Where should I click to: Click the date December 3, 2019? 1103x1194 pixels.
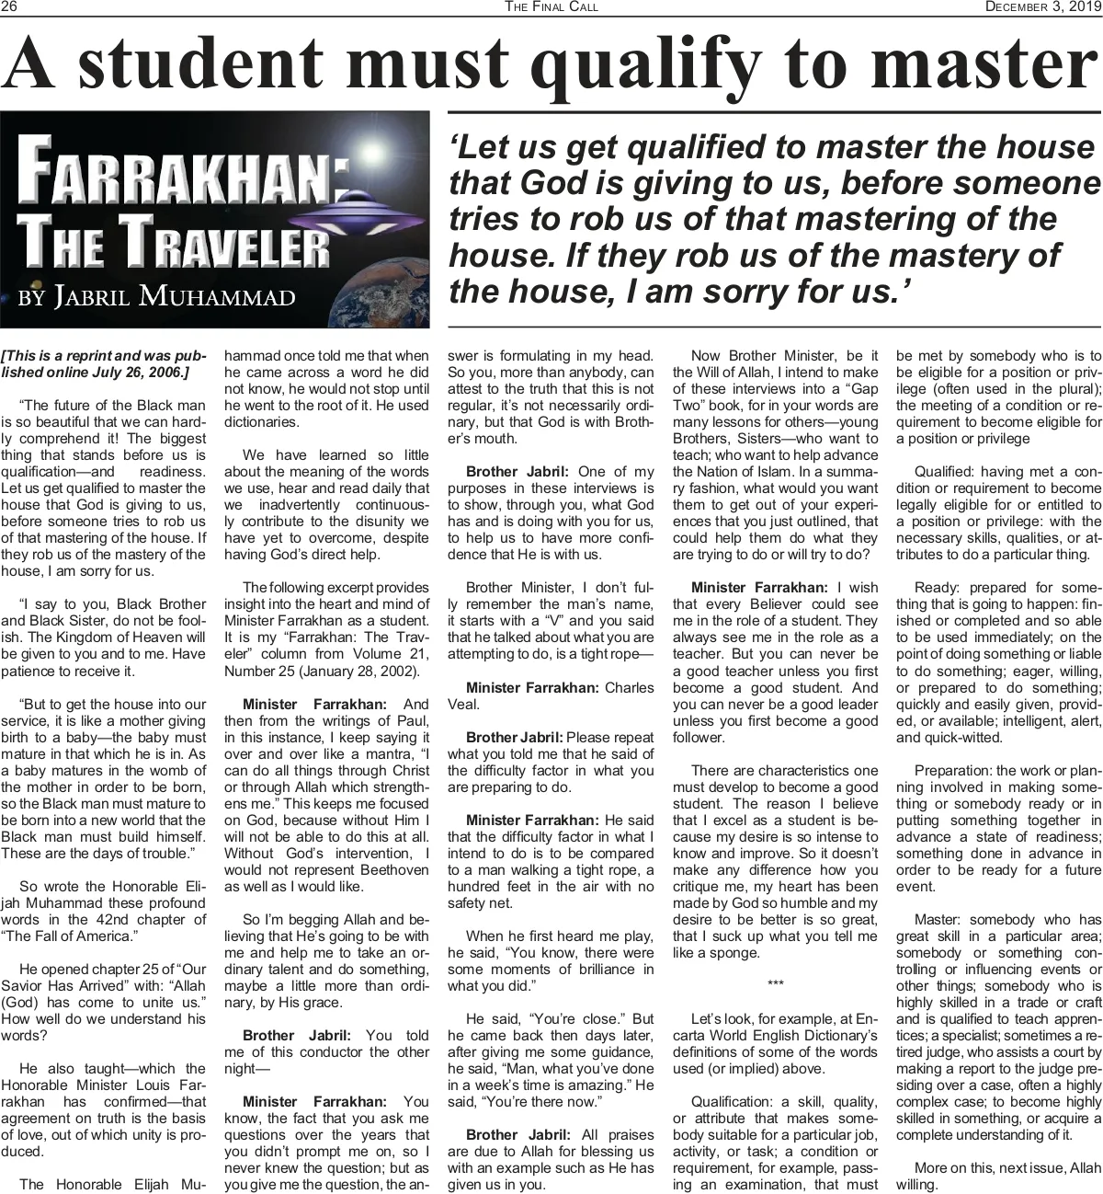point(1041,7)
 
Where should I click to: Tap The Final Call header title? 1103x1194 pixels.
point(551,7)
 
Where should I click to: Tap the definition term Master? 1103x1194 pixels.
point(938,919)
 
